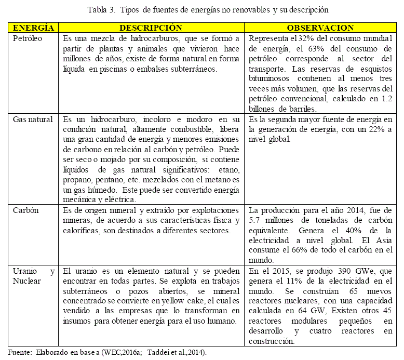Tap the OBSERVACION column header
(320, 28)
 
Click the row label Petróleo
(27, 38)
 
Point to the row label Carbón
(26, 210)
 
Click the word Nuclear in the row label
(26, 281)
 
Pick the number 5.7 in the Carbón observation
(255, 220)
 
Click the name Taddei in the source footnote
(157, 352)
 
